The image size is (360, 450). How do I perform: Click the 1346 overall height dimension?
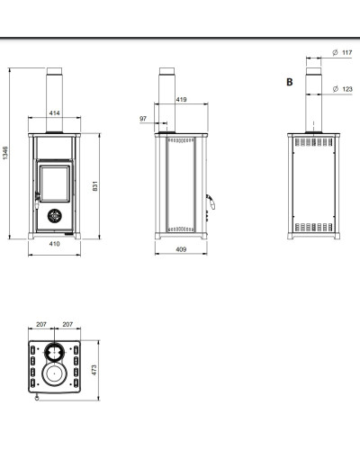pyautogui.click(x=5, y=153)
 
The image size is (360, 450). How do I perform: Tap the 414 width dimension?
pyautogui.click(x=54, y=113)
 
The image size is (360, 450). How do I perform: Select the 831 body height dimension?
pyautogui.click(x=95, y=186)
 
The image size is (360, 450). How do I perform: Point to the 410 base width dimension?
pyautogui.click(x=54, y=244)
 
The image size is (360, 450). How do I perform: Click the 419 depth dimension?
pyautogui.click(x=181, y=99)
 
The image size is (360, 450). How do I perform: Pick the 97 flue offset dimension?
pyautogui.click(x=143, y=119)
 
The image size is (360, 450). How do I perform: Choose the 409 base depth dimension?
pyautogui.click(x=181, y=249)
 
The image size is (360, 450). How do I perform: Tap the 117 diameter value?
pyautogui.click(x=347, y=52)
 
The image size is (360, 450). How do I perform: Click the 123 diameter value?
pyautogui.click(x=347, y=89)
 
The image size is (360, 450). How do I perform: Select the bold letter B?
pyautogui.click(x=290, y=82)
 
